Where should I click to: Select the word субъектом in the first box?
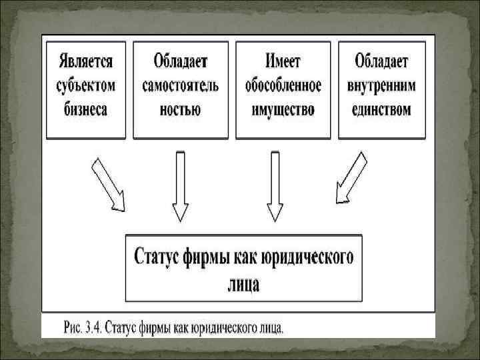[x=86, y=86]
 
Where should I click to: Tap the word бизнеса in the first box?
[x=86, y=109]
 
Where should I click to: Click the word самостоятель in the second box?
[x=181, y=86]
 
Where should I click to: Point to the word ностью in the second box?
[x=181, y=109]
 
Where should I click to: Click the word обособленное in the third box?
[x=283, y=86]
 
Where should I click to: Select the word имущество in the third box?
[x=283, y=109]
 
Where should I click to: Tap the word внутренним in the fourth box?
[x=382, y=86]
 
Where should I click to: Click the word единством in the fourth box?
[x=382, y=109]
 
